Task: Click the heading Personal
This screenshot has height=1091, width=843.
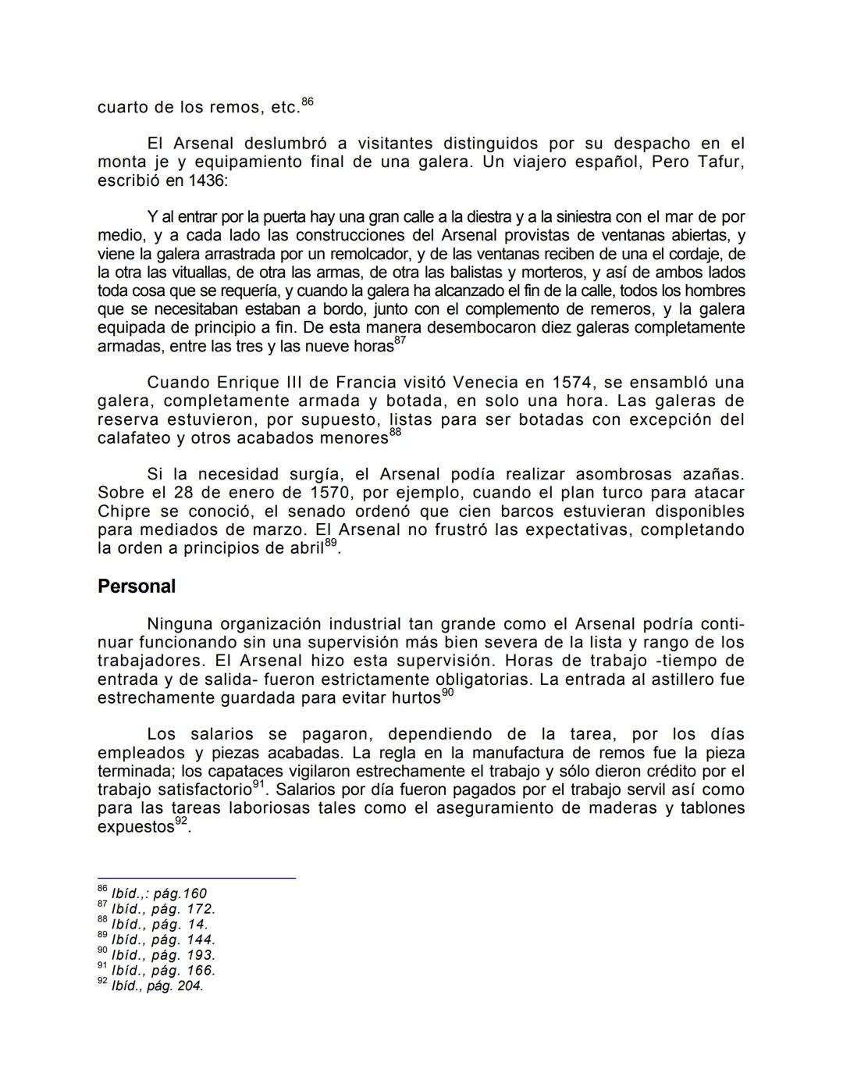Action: (137, 587)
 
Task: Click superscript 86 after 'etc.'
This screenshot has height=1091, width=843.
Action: (308, 102)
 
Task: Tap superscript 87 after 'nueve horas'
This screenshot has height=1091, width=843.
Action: (400, 340)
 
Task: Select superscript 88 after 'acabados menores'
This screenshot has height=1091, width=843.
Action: (395, 433)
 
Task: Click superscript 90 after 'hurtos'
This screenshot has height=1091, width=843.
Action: (447, 693)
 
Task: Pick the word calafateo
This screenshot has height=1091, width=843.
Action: (133, 438)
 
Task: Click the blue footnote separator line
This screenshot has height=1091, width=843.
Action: (196, 878)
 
